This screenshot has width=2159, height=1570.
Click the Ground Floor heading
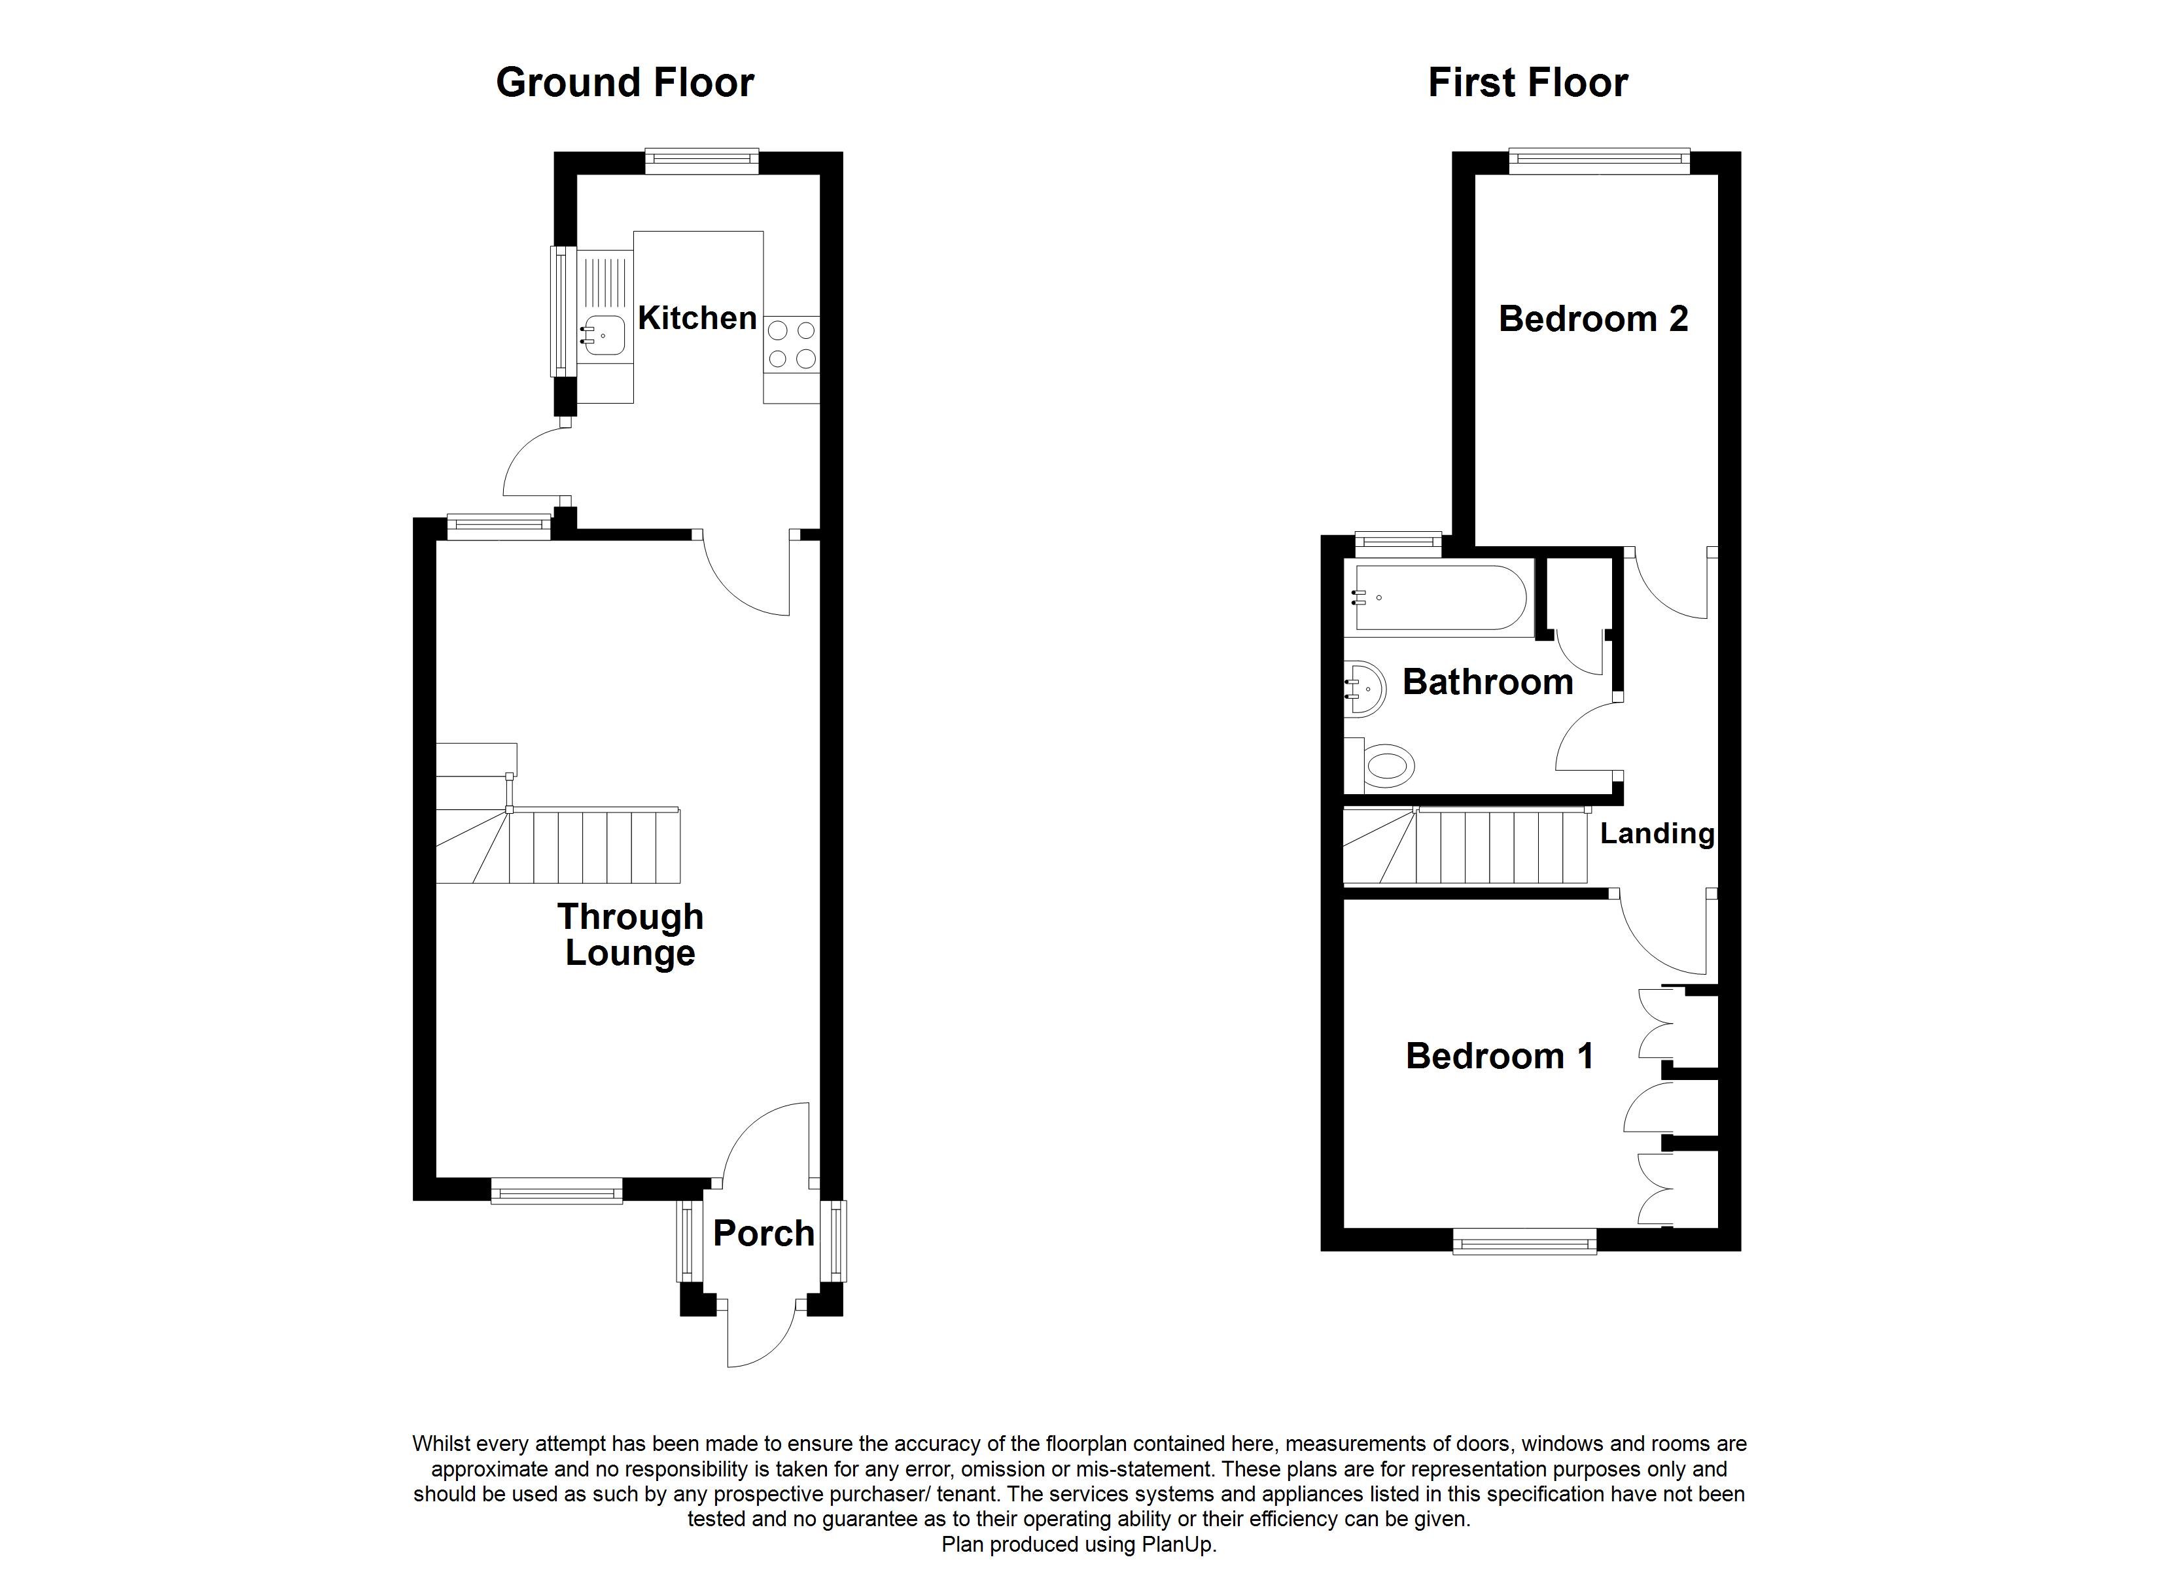click(624, 83)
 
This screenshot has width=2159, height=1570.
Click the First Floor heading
click(1527, 83)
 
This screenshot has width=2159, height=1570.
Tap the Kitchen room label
click(697, 318)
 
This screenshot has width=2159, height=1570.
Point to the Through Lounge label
click(630, 934)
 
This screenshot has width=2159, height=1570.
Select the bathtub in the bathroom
click(1439, 597)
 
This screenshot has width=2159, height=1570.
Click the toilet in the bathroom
click(1387, 765)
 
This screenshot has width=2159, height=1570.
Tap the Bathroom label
click(1487, 683)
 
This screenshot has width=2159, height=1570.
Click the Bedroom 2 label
click(1592, 319)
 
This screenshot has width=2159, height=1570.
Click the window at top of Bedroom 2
click(1598, 161)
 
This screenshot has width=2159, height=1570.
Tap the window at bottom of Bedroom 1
click(1524, 1240)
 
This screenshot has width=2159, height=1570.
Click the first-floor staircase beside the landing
click(1466, 846)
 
